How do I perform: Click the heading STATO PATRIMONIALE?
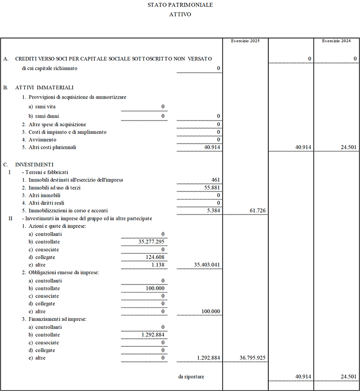(180, 5)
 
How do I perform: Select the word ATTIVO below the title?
(180, 14)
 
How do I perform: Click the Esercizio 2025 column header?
(245, 41)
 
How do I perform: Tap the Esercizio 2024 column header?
(337, 41)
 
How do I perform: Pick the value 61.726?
(257, 210)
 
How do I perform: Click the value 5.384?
(213, 210)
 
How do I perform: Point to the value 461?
(216, 180)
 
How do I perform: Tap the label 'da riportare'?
(191, 376)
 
